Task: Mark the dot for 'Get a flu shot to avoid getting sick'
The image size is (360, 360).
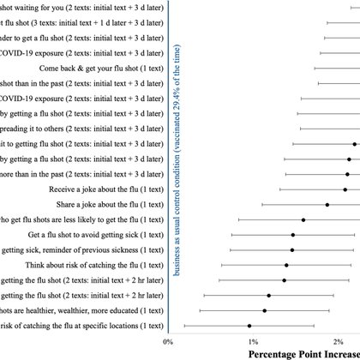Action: click(293, 235)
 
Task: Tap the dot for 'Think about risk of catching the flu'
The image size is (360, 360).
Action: click(286, 265)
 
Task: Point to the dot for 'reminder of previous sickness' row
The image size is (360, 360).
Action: click(292, 250)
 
